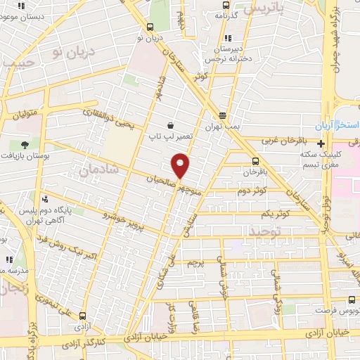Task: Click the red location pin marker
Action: tap(181, 166)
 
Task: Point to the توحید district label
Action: tap(266, 231)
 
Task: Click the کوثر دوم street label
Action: tap(251, 191)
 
